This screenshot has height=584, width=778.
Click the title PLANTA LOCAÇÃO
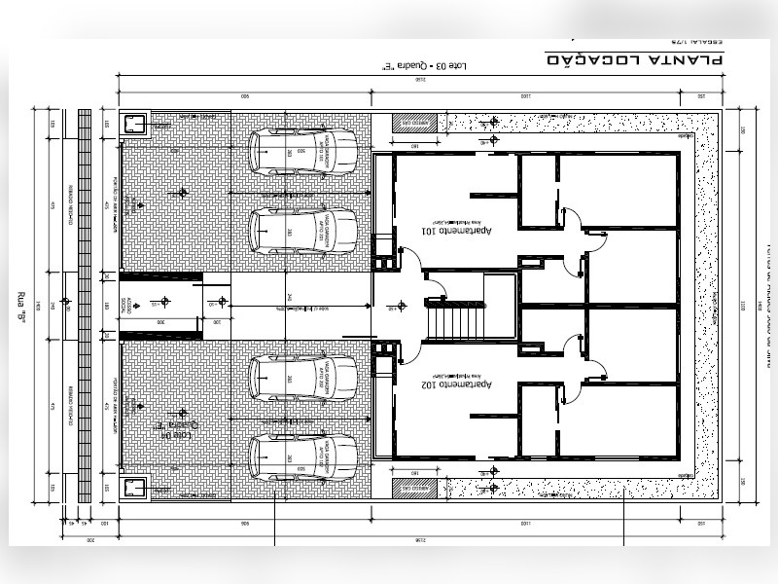tap(633, 60)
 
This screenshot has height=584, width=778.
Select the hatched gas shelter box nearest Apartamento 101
tap(414, 124)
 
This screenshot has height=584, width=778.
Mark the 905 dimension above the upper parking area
tap(244, 96)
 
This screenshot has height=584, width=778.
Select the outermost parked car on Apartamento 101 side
tap(302, 152)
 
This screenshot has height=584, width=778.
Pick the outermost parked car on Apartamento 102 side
tap(302, 457)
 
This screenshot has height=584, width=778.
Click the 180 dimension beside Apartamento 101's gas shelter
tap(414, 145)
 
